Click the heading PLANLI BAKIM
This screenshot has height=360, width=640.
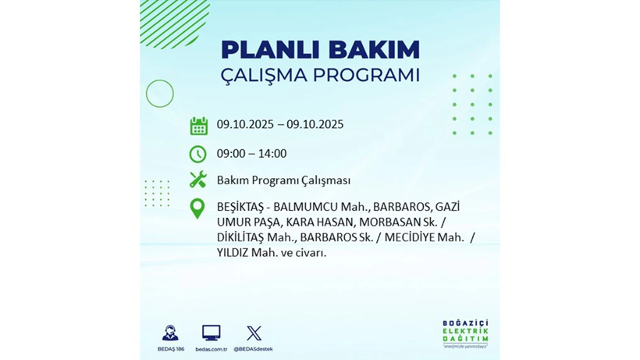point(320,49)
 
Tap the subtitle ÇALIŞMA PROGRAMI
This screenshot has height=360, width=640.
point(320,75)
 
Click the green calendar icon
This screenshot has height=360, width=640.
point(198,126)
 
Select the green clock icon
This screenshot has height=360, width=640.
point(198,154)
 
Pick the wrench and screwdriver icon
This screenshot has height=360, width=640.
point(198,180)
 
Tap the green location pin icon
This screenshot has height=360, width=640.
point(198,208)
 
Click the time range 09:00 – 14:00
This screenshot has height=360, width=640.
point(251,154)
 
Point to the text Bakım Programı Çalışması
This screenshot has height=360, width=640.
point(283,180)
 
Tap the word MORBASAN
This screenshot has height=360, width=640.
point(380,223)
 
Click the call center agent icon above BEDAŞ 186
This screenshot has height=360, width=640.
point(170,333)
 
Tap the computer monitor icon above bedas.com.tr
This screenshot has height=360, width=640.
point(211,333)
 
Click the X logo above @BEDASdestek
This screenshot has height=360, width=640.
point(254,333)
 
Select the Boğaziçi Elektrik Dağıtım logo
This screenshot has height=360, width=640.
point(465,334)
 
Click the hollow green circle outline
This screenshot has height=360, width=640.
point(160,94)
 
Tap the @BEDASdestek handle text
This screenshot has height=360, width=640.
point(254,349)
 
